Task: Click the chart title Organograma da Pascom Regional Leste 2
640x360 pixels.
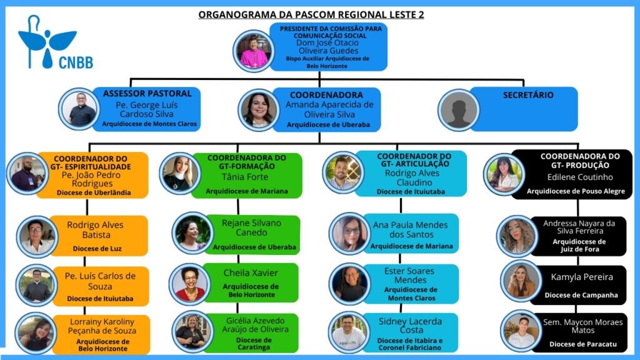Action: [x=311, y=14]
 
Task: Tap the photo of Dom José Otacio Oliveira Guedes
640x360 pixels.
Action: [x=254, y=51]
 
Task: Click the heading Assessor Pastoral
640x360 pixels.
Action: [x=147, y=94]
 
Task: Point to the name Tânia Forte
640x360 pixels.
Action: [x=247, y=177]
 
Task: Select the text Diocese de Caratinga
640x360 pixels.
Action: [x=254, y=344]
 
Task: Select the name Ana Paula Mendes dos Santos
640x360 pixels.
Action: [x=411, y=229]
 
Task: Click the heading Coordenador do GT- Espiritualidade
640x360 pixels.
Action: [x=92, y=162]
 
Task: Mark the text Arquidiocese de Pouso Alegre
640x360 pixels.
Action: [x=576, y=191]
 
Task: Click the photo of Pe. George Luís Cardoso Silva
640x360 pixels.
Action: [x=81, y=109]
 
